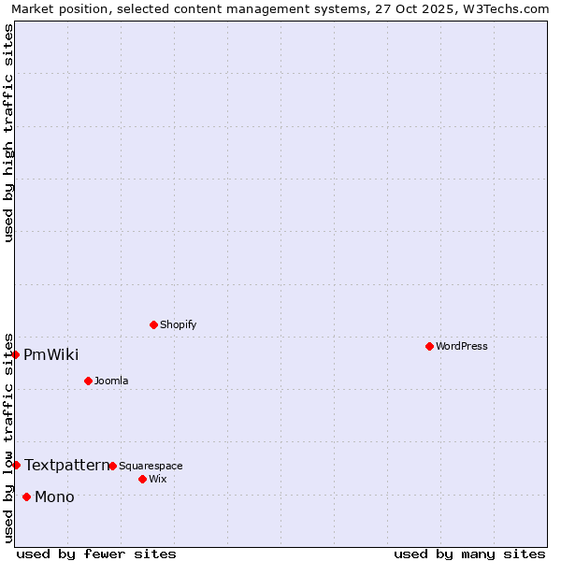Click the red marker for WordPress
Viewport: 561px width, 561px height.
click(429, 346)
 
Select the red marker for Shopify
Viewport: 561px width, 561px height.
click(153, 324)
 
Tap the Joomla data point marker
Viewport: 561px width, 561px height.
click(88, 381)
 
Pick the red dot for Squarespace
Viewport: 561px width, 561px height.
click(112, 466)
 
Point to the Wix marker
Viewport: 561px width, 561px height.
click(142, 479)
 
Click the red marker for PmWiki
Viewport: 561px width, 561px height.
click(16, 354)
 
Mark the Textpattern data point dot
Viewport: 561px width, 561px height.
click(16, 465)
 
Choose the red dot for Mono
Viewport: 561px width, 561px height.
click(26, 496)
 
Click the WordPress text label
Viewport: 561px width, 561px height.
click(462, 346)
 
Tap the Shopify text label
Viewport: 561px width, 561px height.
click(178, 324)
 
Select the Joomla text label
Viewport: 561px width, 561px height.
click(111, 381)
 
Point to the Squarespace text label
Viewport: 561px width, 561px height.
click(151, 466)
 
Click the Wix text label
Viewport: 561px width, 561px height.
click(157, 479)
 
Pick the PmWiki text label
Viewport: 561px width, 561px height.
click(50, 354)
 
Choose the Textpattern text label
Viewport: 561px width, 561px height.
click(66, 465)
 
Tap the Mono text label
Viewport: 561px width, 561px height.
click(54, 496)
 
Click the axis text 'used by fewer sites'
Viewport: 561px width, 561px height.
click(96, 554)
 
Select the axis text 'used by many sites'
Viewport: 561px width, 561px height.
click(469, 554)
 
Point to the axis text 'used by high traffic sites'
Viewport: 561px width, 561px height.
click(8, 133)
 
